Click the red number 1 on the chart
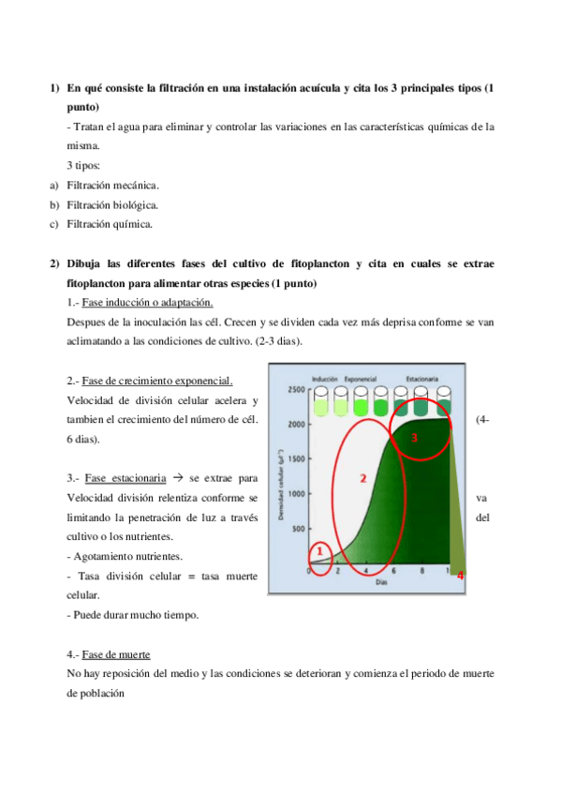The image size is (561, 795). point(318,551)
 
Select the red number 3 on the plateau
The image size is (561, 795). point(415,437)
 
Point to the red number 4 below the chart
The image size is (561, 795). point(460,576)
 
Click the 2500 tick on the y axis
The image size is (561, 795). point(296,389)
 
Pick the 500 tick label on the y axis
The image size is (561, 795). point(299,529)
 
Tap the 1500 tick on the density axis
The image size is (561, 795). point(296,459)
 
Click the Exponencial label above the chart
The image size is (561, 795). point(361,378)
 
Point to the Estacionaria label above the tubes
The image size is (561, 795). point(422,378)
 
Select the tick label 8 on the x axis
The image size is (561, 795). point(422,571)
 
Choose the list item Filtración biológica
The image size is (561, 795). point(111,204)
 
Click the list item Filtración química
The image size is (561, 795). point(109,223)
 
